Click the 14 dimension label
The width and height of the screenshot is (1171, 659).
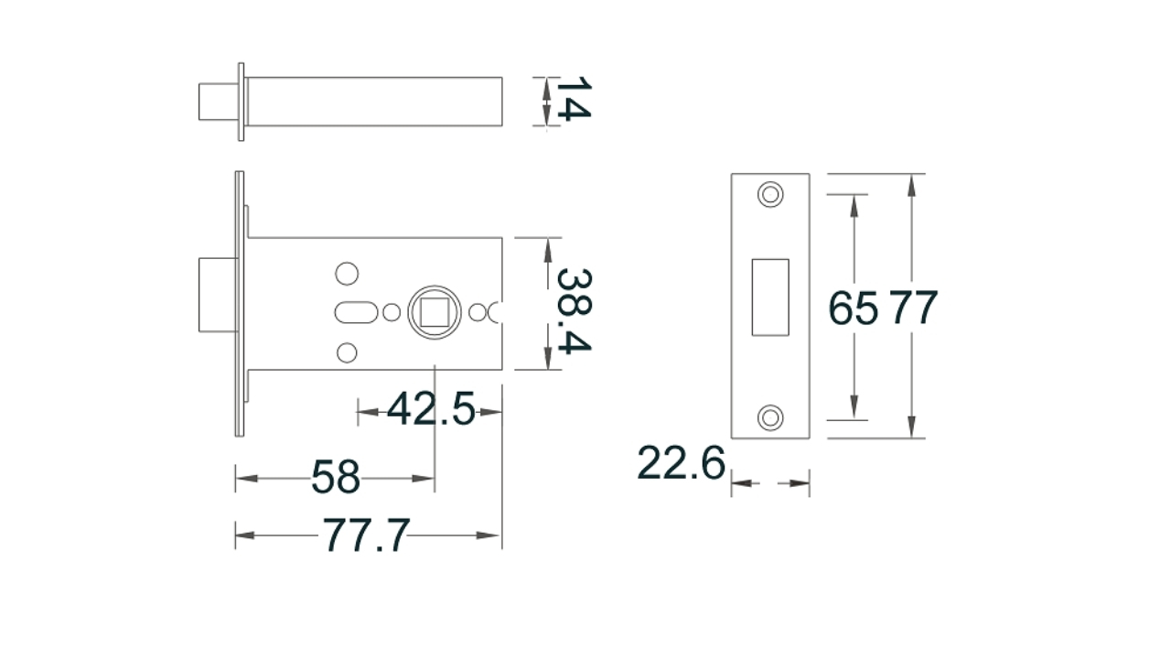(x=574, y=98)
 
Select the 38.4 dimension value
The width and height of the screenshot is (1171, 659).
(x=574, y=310)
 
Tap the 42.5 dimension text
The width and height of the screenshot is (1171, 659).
(x=431, y=408)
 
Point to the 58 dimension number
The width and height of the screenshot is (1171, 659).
(x=336, y=477)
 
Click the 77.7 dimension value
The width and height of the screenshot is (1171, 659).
(x=366, y=535)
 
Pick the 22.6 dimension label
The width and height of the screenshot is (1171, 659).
(x=682, y=463)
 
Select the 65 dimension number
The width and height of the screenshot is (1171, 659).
(x=854, y=308)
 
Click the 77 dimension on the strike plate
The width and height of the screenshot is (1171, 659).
(x=913, y=308)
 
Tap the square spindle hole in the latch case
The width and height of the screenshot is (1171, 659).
(x=435, y=312)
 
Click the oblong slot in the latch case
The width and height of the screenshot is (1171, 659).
(x=356, y=312)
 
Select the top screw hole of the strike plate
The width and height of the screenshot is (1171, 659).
(x=770, y=195)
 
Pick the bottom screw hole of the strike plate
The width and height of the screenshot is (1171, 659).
(x=770, y=418)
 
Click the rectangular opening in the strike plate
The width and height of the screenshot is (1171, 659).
(x=770, y=297)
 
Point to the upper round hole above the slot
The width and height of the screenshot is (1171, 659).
(x=347, y=274)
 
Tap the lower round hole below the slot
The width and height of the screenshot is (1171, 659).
(x=347, y=352)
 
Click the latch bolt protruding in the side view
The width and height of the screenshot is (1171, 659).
(x=218, y=295)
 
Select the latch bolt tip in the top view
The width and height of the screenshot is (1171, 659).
(x=218, y=102)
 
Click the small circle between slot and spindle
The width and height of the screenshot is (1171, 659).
(x=392, y=312)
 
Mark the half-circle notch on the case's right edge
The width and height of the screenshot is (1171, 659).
(x=495, y=312)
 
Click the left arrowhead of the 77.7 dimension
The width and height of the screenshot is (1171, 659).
(x=244, y=535)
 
